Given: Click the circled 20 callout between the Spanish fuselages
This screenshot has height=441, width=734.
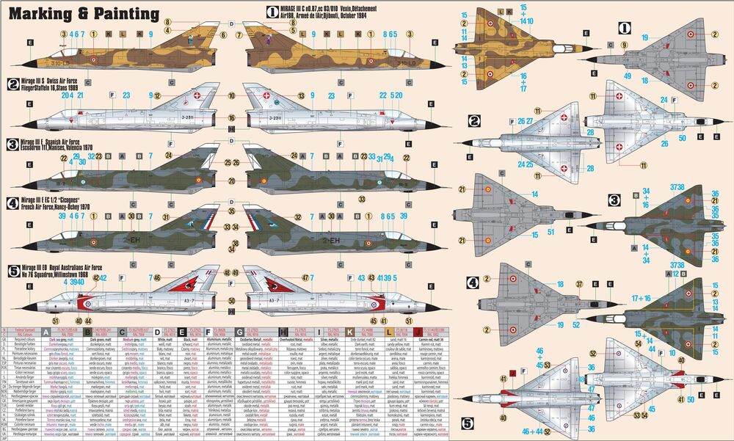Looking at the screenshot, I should (231, 181).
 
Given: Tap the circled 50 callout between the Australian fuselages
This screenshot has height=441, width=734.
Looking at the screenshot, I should (231, 301).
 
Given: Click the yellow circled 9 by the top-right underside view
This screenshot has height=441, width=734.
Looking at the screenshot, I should (624, 45).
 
